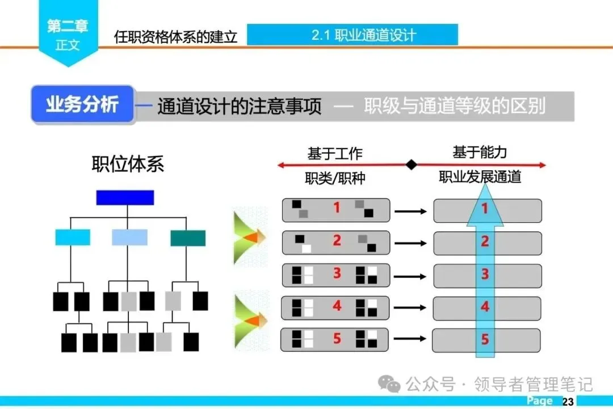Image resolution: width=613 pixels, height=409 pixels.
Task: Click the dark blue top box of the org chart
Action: (x=125, y=197)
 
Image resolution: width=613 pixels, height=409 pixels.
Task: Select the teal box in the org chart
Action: (x=188, y=238)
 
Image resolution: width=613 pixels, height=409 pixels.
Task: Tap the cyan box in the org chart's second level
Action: (x=73, y=238)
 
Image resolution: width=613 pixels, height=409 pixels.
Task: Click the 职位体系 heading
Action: (x=128, y=164)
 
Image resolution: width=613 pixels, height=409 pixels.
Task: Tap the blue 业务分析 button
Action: (x=82, y=104)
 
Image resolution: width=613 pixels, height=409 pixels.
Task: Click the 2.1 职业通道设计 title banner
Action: (x=352, y=35)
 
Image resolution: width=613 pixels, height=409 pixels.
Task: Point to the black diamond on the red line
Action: (x=412, y=165)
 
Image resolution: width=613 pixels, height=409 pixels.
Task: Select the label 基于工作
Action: (x=335, y=153)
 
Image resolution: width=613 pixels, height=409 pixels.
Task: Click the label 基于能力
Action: (x=480, y=152)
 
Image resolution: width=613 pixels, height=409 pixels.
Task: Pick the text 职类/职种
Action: (x=335, y=178)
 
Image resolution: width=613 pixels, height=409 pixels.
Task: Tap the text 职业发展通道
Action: (x=480, y=177)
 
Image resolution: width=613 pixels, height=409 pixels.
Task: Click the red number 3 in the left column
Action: (x=337, y=273)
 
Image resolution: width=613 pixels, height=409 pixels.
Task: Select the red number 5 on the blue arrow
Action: (x=485, y=340)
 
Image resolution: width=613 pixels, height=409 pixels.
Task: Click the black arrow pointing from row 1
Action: (x=410, y=211)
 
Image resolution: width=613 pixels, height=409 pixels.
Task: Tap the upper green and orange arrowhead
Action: (x=250, y=236)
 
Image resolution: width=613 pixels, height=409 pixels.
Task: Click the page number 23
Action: (x=568, y=402)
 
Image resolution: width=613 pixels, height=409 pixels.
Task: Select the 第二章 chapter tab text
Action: (x=68, y=26)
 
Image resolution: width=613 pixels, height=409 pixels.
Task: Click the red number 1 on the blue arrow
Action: (x=485, y=209)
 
